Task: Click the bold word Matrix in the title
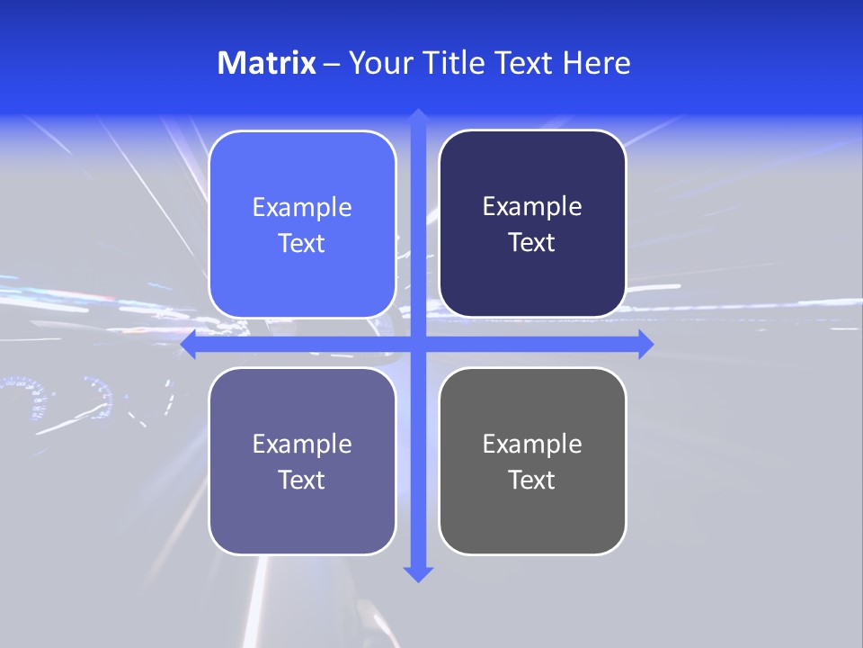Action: point(266,63)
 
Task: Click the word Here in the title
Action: point(597,63)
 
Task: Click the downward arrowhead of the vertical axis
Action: point(417,573)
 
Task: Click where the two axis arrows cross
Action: point(417,344)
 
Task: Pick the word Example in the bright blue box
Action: point(302,208)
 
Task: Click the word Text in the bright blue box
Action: point(302,244)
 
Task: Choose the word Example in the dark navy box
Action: point(532,207)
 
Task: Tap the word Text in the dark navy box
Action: point(532,243)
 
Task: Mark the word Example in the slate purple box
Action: point(302,445)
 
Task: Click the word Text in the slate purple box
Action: point(302,481)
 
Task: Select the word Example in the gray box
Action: point(532,445)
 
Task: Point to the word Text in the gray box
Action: point(532,481)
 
